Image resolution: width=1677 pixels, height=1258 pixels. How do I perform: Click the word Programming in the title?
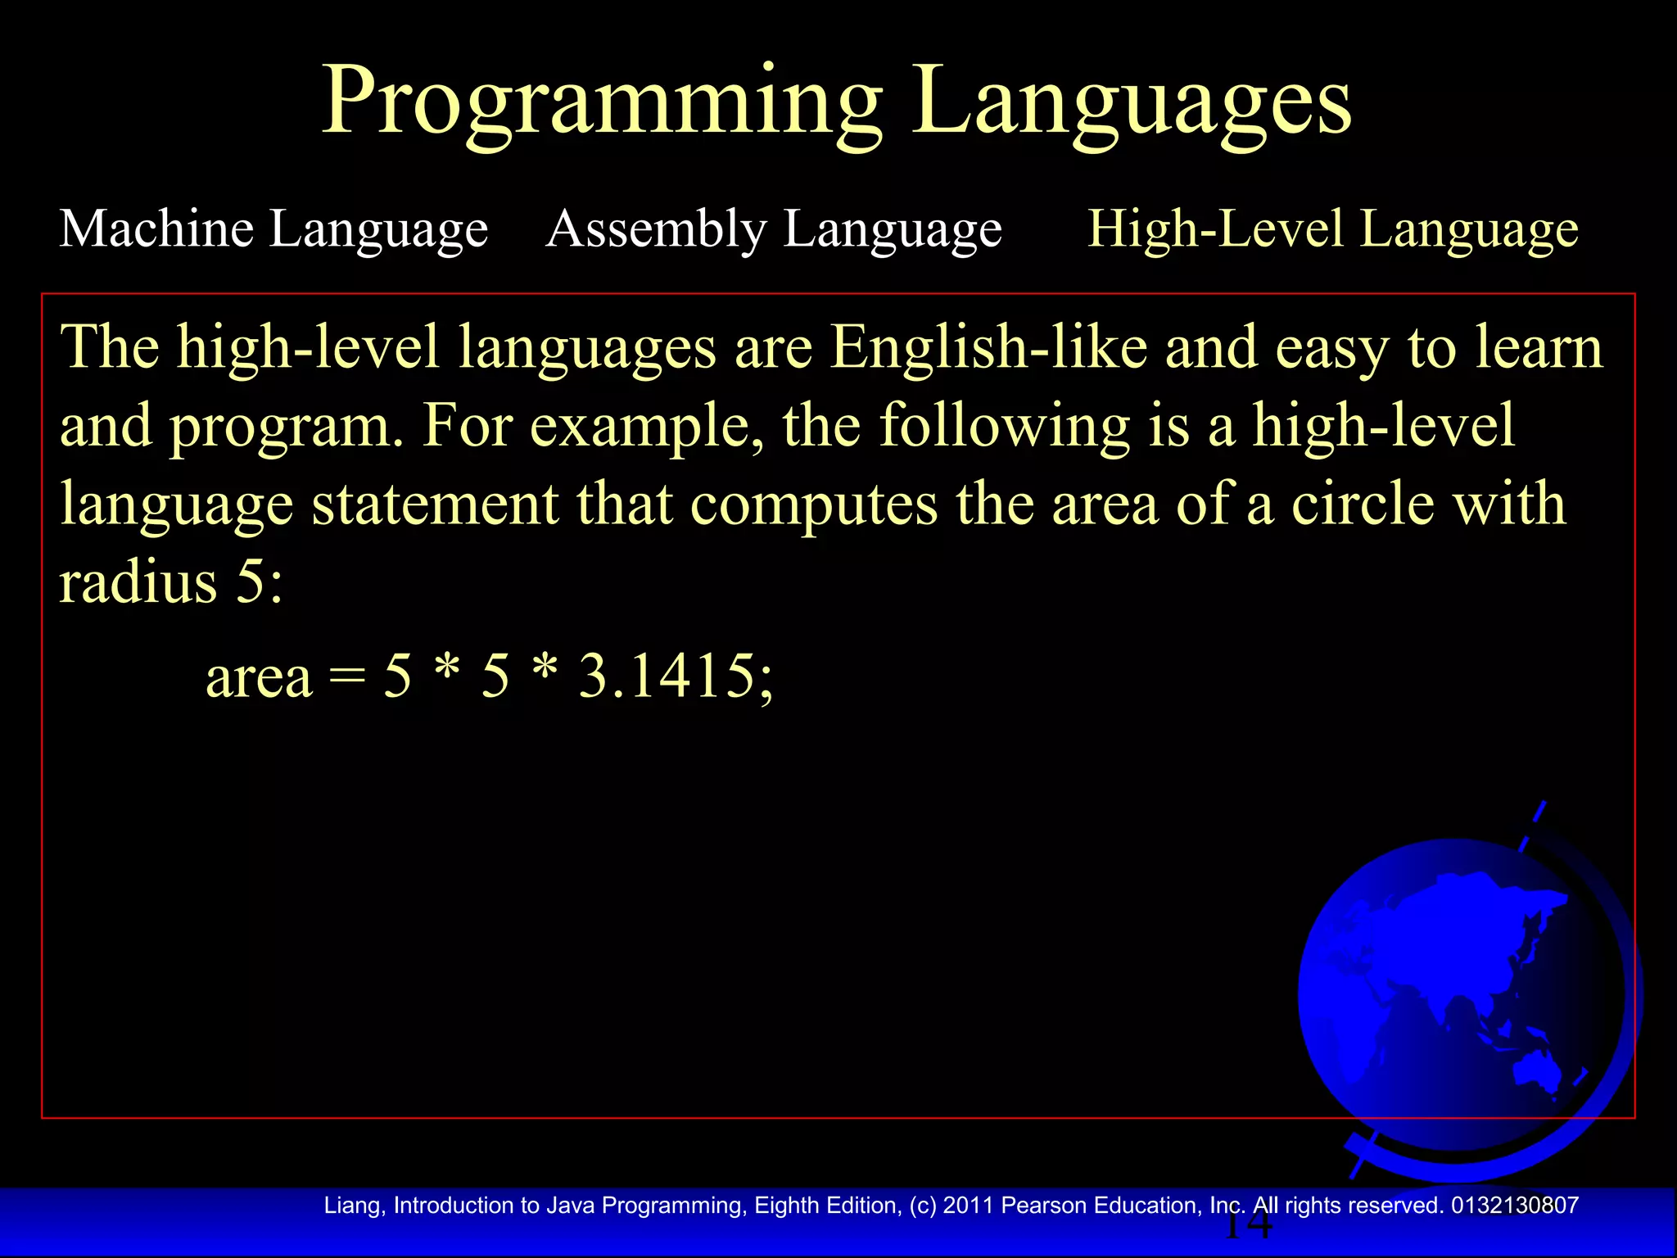coord(602,102)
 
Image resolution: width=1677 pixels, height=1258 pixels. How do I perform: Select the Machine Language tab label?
coord(273,229)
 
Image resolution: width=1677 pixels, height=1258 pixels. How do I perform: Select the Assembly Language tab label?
coord(774,229)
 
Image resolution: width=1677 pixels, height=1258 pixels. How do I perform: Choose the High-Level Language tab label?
coord(1332,229)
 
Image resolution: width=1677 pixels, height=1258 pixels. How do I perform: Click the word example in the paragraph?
coord(646,427)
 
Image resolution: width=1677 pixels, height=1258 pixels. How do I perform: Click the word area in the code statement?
coord(259,678)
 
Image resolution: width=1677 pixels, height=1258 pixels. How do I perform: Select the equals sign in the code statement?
coord(347,678)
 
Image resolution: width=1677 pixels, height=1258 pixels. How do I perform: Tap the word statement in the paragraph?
coord(435,505)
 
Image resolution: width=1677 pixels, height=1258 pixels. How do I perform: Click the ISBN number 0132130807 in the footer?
coord(1514,1206)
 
